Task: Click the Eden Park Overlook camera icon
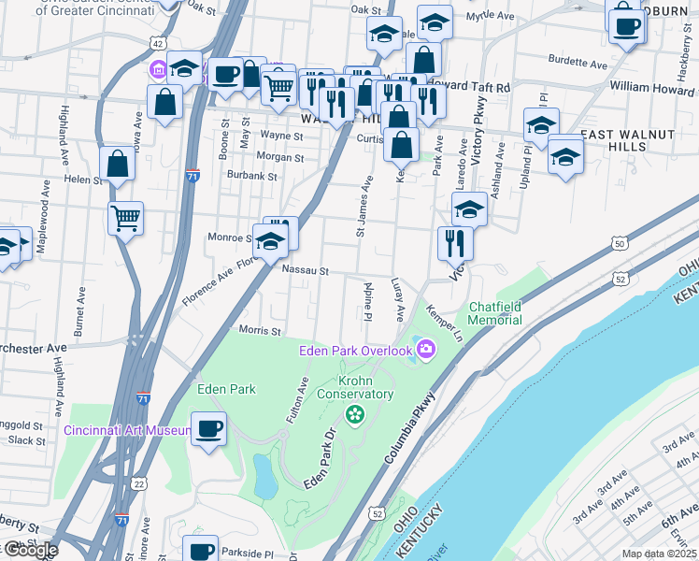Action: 427,349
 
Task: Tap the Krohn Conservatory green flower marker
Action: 354,414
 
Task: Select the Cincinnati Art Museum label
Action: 128,431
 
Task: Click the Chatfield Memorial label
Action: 495,313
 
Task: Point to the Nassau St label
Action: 307,271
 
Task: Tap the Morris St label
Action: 260,331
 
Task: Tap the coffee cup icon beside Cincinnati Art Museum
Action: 209,428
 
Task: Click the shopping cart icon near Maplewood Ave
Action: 125,219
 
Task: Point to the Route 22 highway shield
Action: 138,483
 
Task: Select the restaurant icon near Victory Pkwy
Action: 455,243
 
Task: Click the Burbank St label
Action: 253,175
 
